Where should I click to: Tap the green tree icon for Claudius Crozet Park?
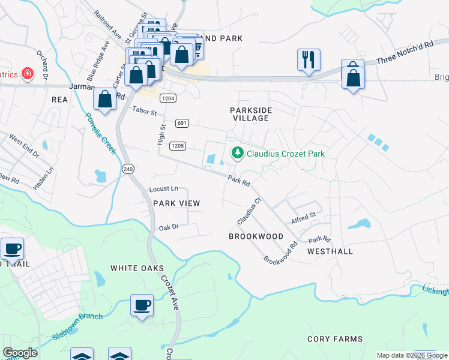coord(238,154)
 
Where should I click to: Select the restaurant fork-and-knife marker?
coord(309,59)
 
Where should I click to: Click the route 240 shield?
coord(128,169)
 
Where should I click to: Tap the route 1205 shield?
coord(177,146)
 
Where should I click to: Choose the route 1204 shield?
coord(167,98)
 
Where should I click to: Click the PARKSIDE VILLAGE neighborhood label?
coord(251,114)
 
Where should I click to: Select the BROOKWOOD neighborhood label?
coord(256,236)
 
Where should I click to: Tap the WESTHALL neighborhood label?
coord(330,251)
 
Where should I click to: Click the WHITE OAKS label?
coord(136,268)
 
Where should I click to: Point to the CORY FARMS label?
coord(335,339)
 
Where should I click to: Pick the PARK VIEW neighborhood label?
coord(176,203)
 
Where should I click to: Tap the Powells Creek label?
coord(100,133)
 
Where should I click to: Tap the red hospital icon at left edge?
coord(27,74)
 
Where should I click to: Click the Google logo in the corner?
coord(20,353)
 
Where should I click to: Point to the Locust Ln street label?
coord(163,189)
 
